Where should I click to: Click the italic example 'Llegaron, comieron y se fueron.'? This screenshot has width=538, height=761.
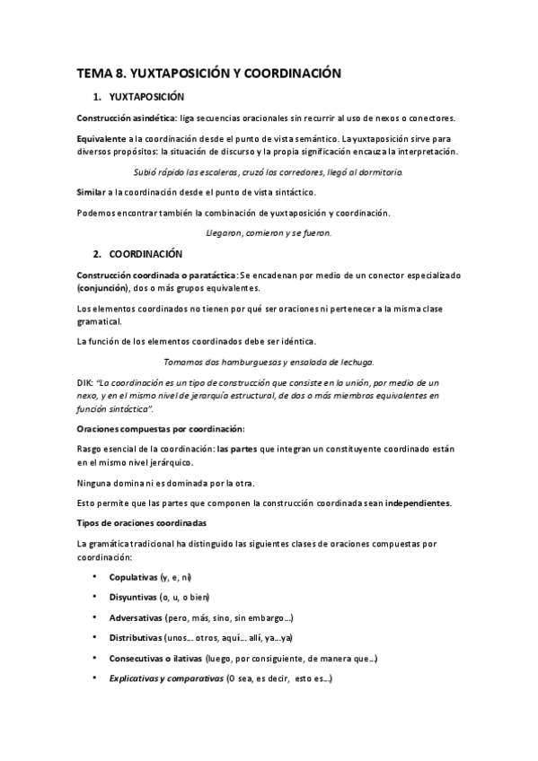[x=268, y=232]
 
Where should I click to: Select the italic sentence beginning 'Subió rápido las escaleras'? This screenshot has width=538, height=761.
[x=268, y=171]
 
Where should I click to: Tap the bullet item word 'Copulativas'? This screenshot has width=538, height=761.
[x=133, y=576]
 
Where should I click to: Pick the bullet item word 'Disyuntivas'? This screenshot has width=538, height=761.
[x=132, y=597]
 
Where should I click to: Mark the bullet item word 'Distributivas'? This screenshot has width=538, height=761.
[x=137, y=638]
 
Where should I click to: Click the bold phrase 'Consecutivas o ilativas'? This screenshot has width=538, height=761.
[x=154, y=659]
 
